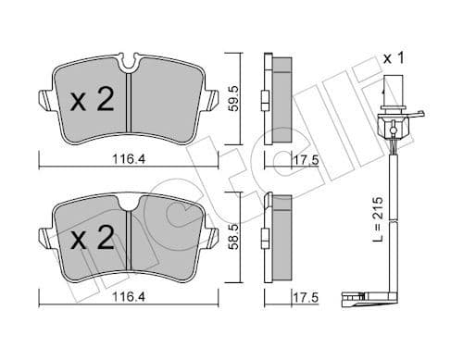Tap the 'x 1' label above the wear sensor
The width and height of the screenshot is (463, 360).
click(x=395, y=57)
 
